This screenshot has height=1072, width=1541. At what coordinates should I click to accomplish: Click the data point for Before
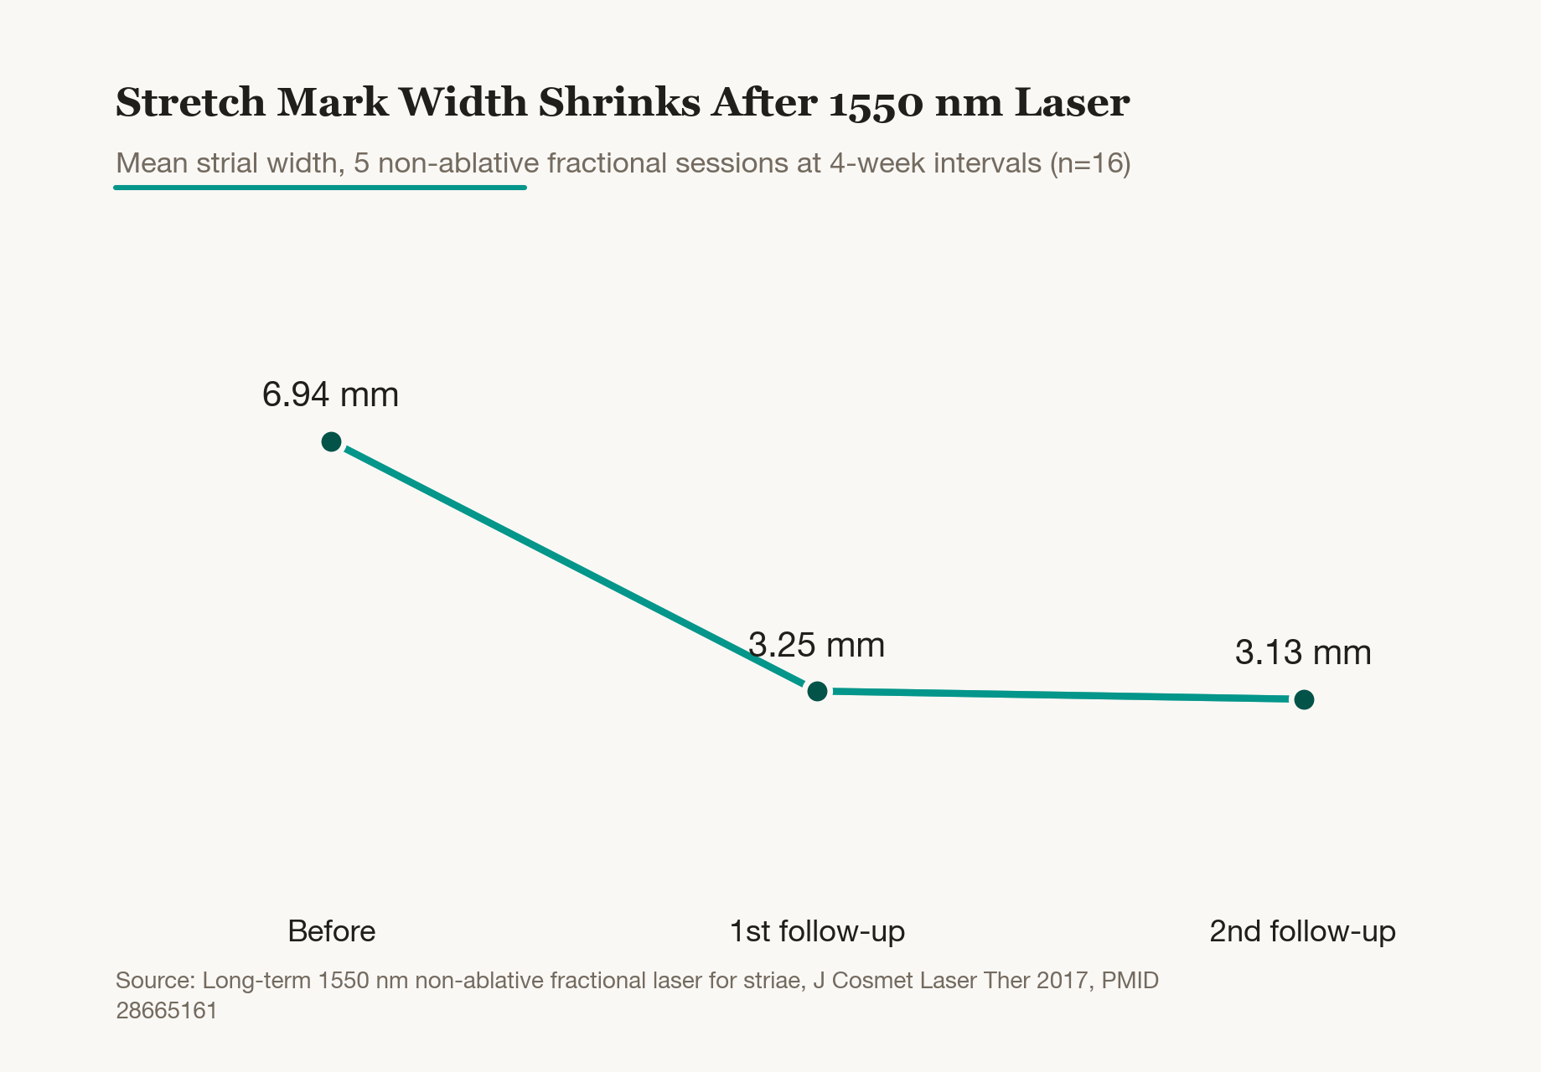pyautogui.click(x=331, y=441)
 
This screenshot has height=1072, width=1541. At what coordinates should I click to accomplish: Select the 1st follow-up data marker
pyautogui.click(x=817, y=691)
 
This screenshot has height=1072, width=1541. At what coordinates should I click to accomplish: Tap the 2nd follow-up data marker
pyautogui.click(x=1304, y=699)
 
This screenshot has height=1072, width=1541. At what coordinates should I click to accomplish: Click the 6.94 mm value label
pyautogui.click(x=330, y=394)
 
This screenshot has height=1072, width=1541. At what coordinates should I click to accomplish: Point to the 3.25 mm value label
pyautogui.click(x=817, y=645)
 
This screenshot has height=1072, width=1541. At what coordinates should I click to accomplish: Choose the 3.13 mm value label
pyautogui.click(x=1303, y=653)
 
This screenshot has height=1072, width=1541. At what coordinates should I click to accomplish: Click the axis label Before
pyautogui.click(x=331, y=931)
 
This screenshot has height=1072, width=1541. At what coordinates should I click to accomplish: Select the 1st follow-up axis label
pyautogui.click(x=817, y=931)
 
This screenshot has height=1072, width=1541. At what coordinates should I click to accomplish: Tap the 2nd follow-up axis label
pyautogui.click(x=1303, y=931)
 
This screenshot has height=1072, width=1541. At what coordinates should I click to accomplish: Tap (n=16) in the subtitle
pyautogui.click(x=1090, y=162)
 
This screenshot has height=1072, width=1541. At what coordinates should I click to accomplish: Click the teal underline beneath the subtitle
pyautogui.click(x=320, y=188)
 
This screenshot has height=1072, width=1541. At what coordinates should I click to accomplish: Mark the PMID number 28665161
pyautogui.click(x=167, y=1011)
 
